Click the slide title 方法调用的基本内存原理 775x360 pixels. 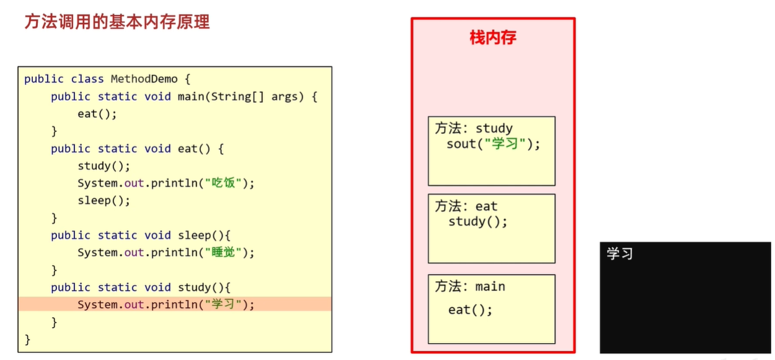pyautogui.click(x=117, y=22)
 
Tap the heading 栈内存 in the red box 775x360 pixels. pyautogui.click(x=493, y=38)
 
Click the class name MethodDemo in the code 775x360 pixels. pyautogui.click(x=144, y=79)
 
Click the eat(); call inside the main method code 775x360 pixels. pyautogui.click(x=97, y=114)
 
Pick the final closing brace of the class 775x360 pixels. pyautogui.click(x=27, y=339)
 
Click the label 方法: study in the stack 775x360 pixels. pyautogui.click(x=474, y=128)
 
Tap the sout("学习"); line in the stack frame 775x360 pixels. pyautogui.click(x=494, y=144)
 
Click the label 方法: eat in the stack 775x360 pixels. pyautogui.click(x=466, y=206)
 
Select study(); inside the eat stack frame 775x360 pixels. pyautogui.click(x=477, y=222)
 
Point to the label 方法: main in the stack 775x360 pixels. pyautogui.click(x=470, y=286)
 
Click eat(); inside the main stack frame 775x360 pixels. pyautogui.click(x=470, y=310)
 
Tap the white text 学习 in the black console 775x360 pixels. pyautogui.click(x=619, y=254)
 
